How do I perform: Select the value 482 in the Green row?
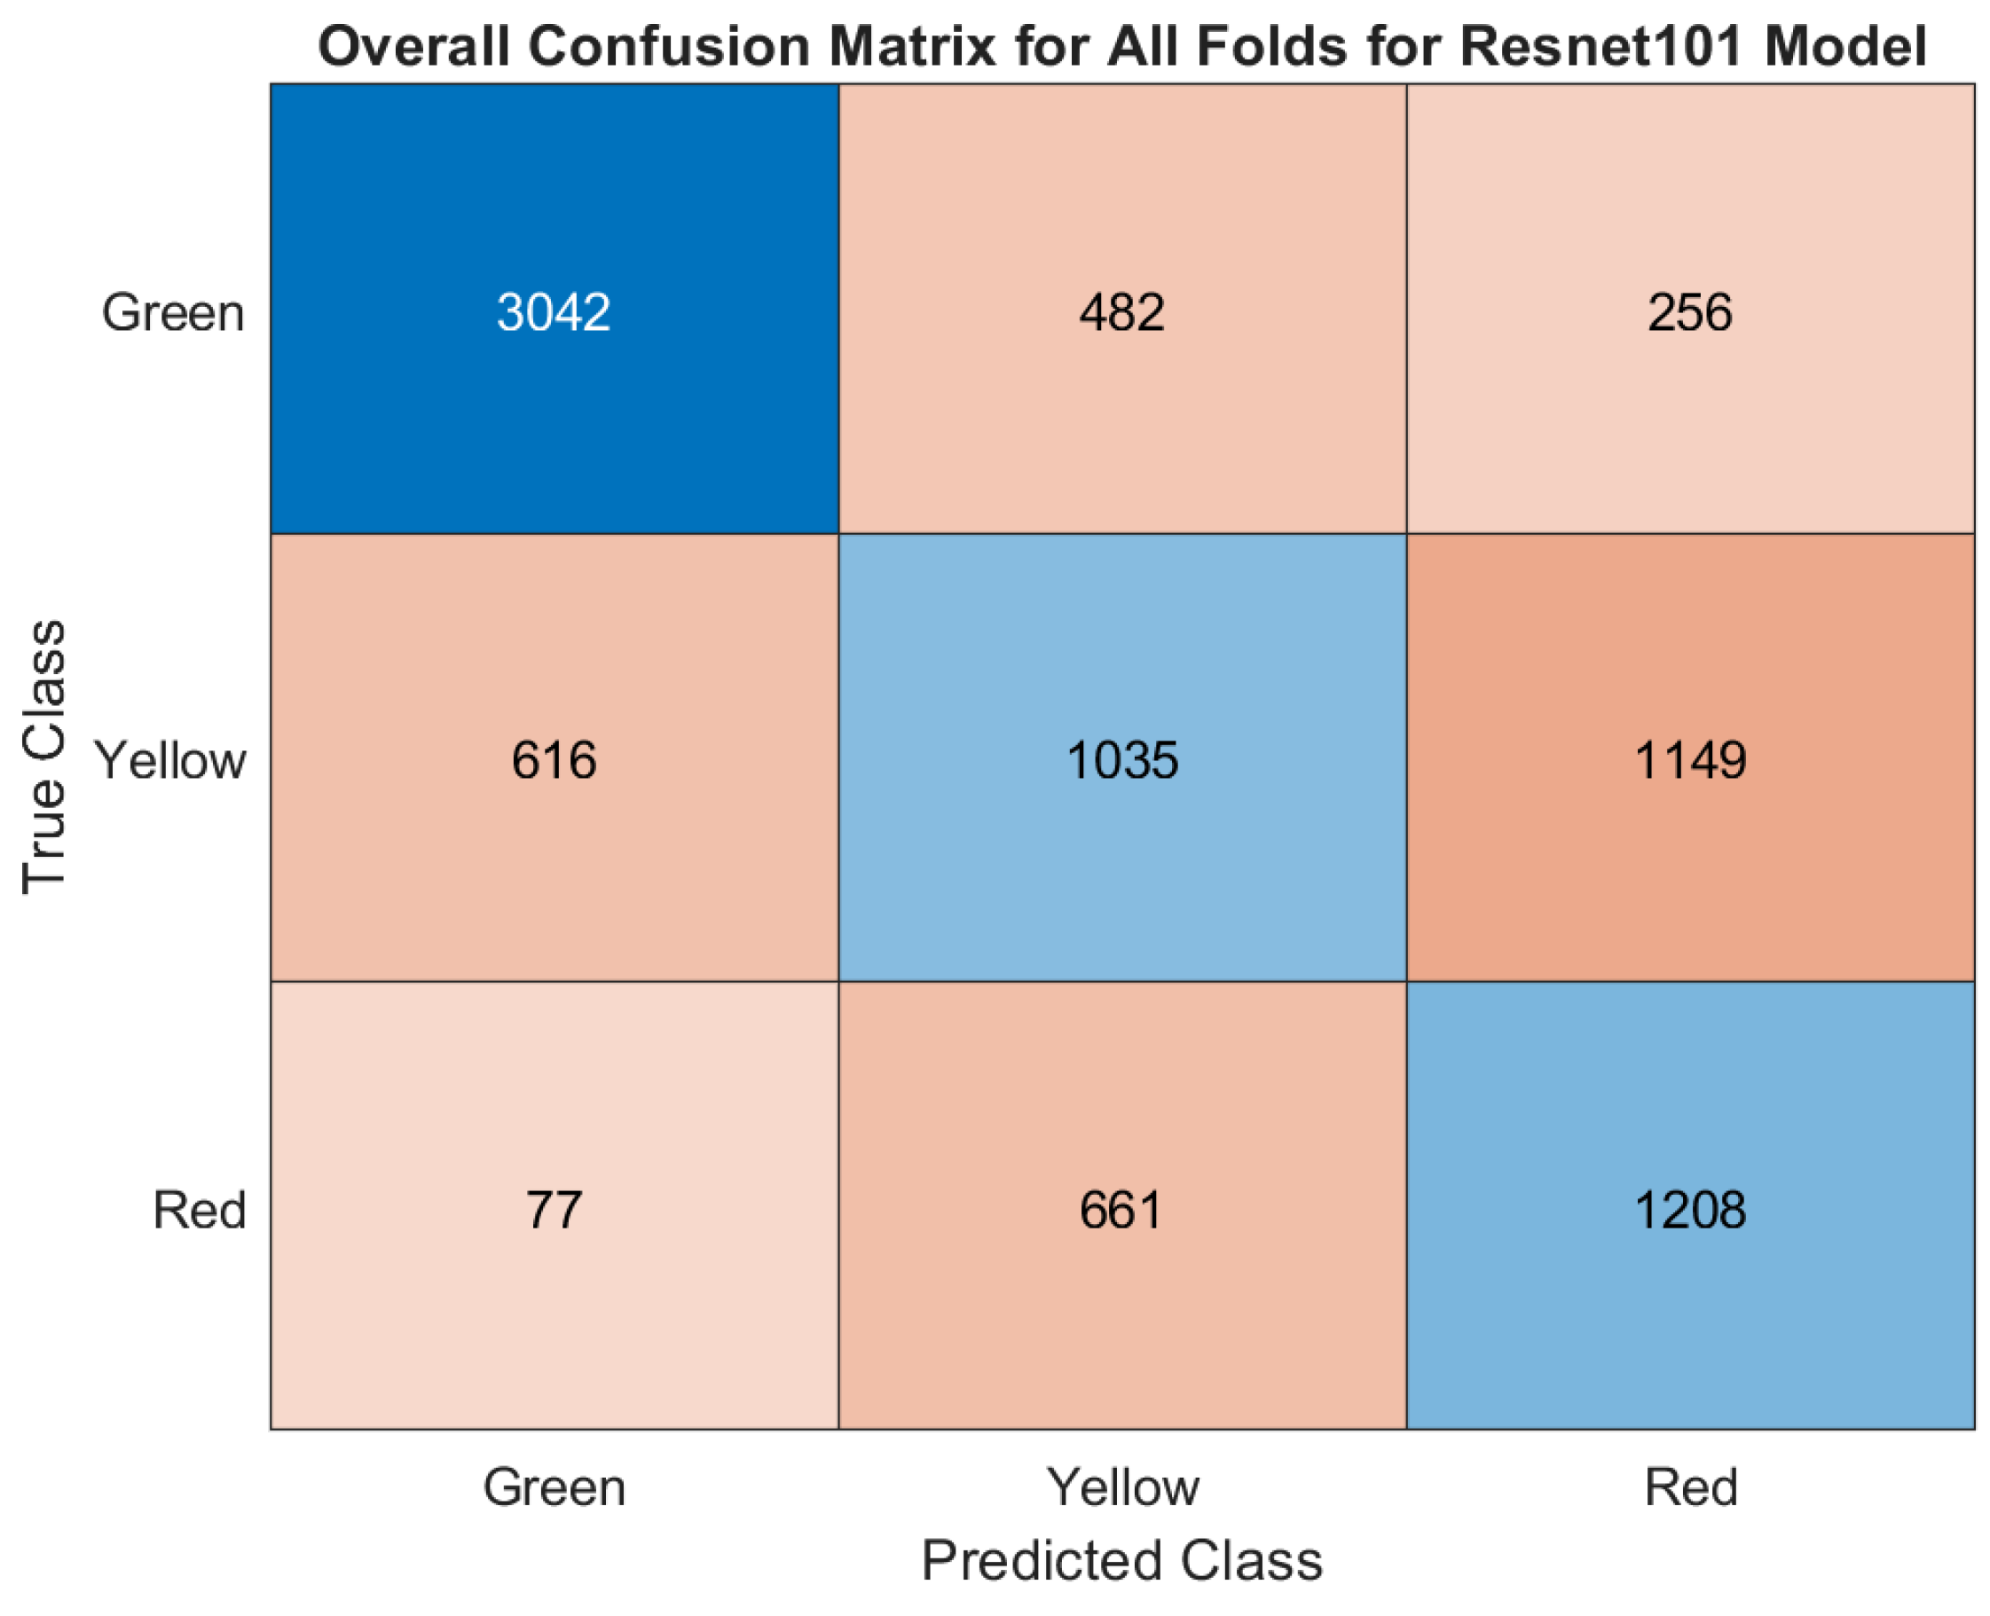tap(1121, 312)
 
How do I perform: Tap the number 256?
tap(1689, 312)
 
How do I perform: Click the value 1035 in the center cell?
tap(1121, 759)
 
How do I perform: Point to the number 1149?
tap(1689, 759)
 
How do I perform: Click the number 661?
tap(1121, 1210)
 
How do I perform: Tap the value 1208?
tap(1689, 1210)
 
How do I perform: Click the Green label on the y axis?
tap(173, 313)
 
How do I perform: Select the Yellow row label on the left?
tap(170, 760)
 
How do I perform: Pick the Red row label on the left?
tap(200, 1210)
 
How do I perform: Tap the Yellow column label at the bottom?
tap(1123, 1487)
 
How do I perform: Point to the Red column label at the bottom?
tap(1690, 1487)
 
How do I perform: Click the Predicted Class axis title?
tap(1121, 1560)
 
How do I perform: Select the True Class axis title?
tap(43, 756)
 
